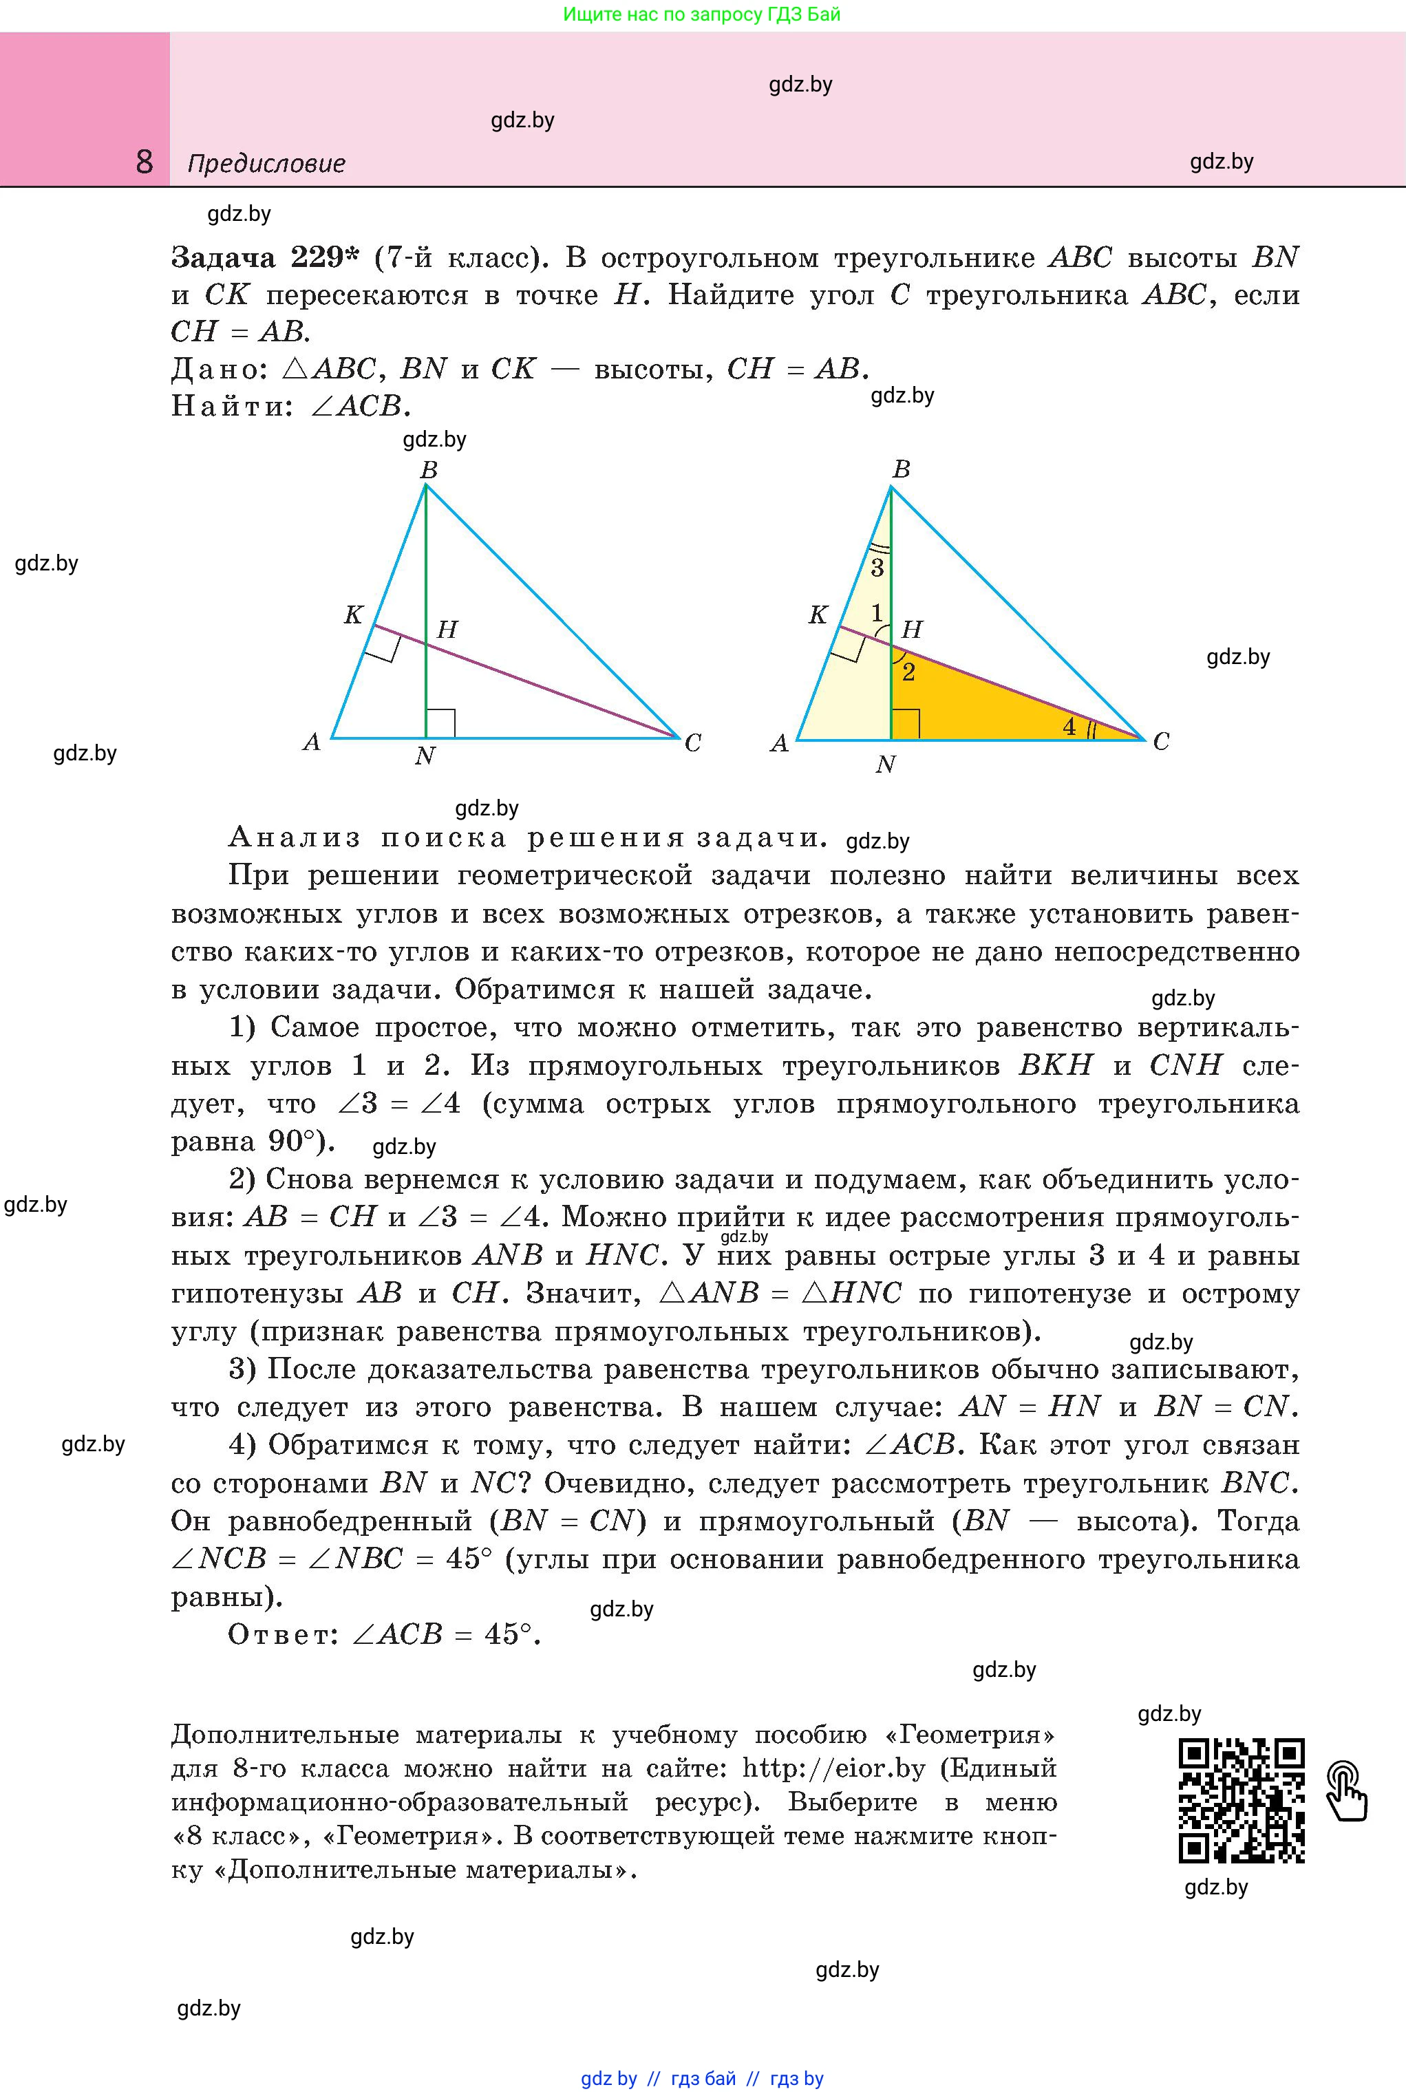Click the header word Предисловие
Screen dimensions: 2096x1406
tap(266, 164)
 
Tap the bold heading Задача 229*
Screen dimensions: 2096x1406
tap(264, 258)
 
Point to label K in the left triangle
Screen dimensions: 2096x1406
tap(353, 615)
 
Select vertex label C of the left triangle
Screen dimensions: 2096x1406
tap(692, 743)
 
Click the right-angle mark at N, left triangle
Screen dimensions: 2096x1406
tap(440, 723)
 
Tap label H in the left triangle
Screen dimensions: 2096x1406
tap(447, 630)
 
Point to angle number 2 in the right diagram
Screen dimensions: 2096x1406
tap(908, 672)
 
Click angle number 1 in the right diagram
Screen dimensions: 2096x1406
tap(877, 613)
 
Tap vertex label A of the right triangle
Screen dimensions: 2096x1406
tap(779, 743)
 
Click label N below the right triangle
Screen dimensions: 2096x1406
tap(885, 764)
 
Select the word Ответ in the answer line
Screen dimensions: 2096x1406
tap(281, 1635)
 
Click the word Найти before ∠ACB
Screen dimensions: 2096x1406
tap(231, 407)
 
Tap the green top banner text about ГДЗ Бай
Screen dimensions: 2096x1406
tap(702, 14)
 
